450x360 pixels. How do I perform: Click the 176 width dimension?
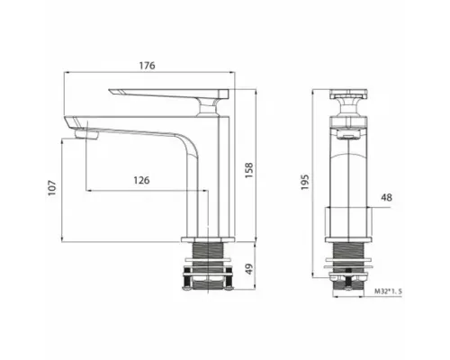point(148,66)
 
